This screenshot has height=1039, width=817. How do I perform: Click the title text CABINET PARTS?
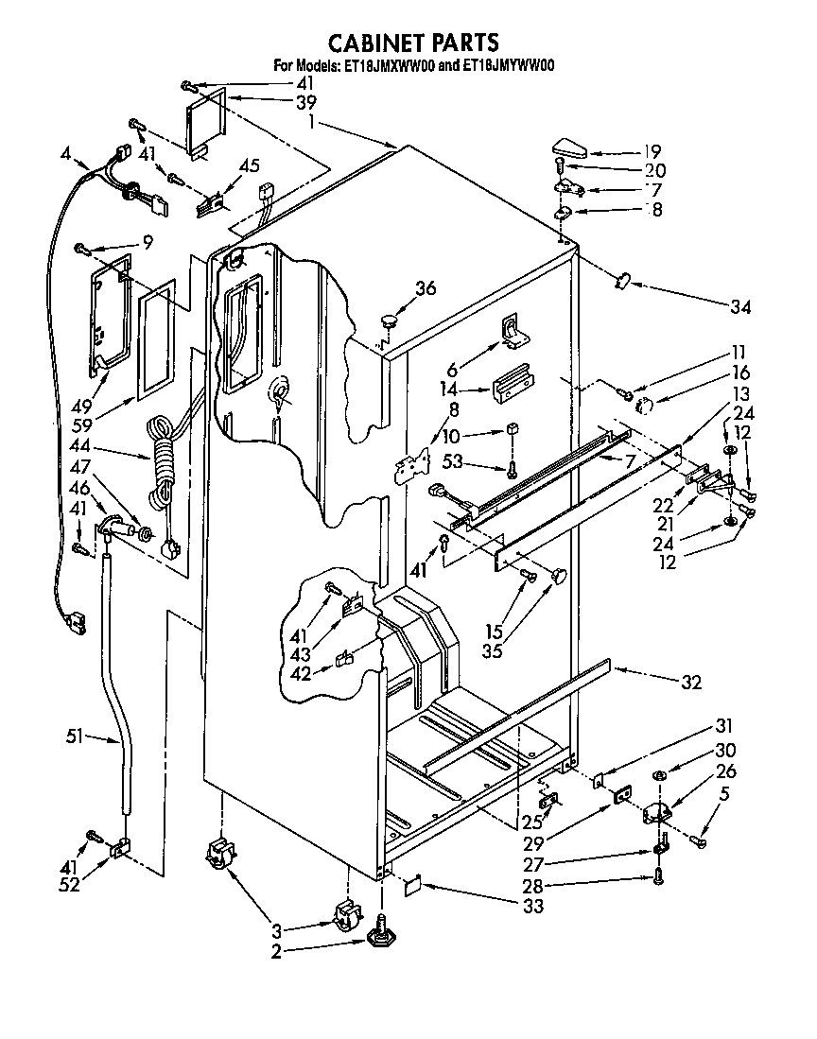(412, 43)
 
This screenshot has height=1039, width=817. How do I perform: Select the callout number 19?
(652, 151)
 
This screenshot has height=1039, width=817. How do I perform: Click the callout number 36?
(426, 289)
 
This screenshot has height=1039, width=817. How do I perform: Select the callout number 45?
(249, 166)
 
